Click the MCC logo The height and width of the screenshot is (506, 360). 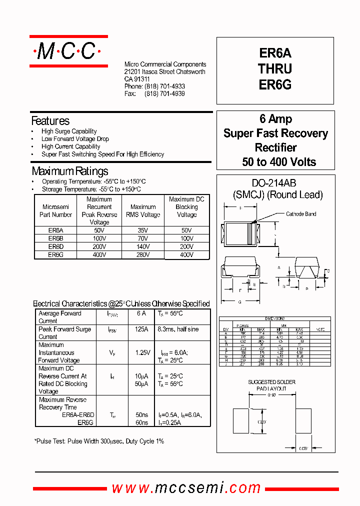click(x=68, y=51)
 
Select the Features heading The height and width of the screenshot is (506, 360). click(x=50, y=121)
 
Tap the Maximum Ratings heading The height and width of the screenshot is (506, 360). click(x=69, y=171)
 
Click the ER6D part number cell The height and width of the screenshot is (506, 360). click(x=55, y=246)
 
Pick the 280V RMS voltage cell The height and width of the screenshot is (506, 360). click(x=143, y=254)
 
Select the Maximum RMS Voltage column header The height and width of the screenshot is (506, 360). click(x=143, y=210)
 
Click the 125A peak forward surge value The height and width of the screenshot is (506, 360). click(x=141, y=329)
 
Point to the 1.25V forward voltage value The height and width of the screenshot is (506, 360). click(x=142, y=352)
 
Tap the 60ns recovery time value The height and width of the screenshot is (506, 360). click(x=141, y=422)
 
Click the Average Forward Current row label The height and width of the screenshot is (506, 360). click(x=59, y=317)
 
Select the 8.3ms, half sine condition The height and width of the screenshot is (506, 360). click(x=177, y=329)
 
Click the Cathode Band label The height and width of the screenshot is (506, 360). click(x=301, y=214)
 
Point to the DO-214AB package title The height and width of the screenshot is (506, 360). click(x=277, y=183)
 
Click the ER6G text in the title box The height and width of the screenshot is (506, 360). click(x=275, y=85)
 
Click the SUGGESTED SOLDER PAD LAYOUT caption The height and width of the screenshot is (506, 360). click(x=271, y=385)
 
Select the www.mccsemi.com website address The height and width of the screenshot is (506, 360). click(x=186, y=487)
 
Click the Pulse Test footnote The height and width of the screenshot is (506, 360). click(x=99, y=441)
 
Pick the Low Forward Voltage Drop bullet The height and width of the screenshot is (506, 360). click(x=75, y=139)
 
